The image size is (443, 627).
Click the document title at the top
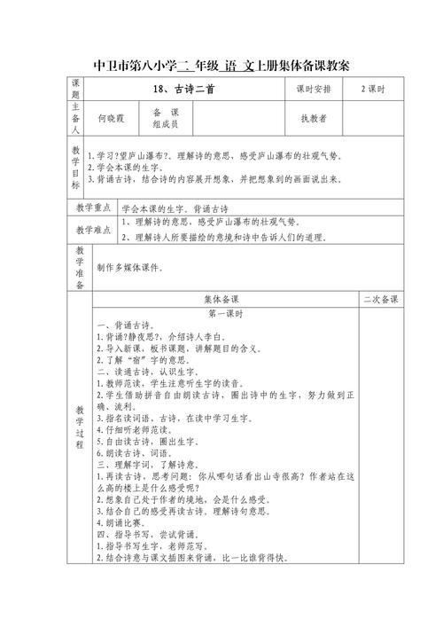tap(221, 66)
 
